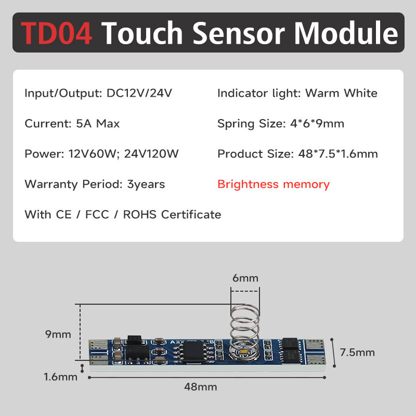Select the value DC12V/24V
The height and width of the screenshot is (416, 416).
[139, 94]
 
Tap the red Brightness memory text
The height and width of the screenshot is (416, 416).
[274, 184]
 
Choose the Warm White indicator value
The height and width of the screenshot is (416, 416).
[341, 94]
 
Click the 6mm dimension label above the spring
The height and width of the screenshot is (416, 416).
[245, 278]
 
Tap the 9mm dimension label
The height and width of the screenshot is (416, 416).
[58, 334]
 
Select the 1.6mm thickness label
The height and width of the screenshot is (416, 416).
[60, 376]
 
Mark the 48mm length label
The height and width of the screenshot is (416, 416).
[200, 387]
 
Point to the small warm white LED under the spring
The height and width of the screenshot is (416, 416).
[243, 353]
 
